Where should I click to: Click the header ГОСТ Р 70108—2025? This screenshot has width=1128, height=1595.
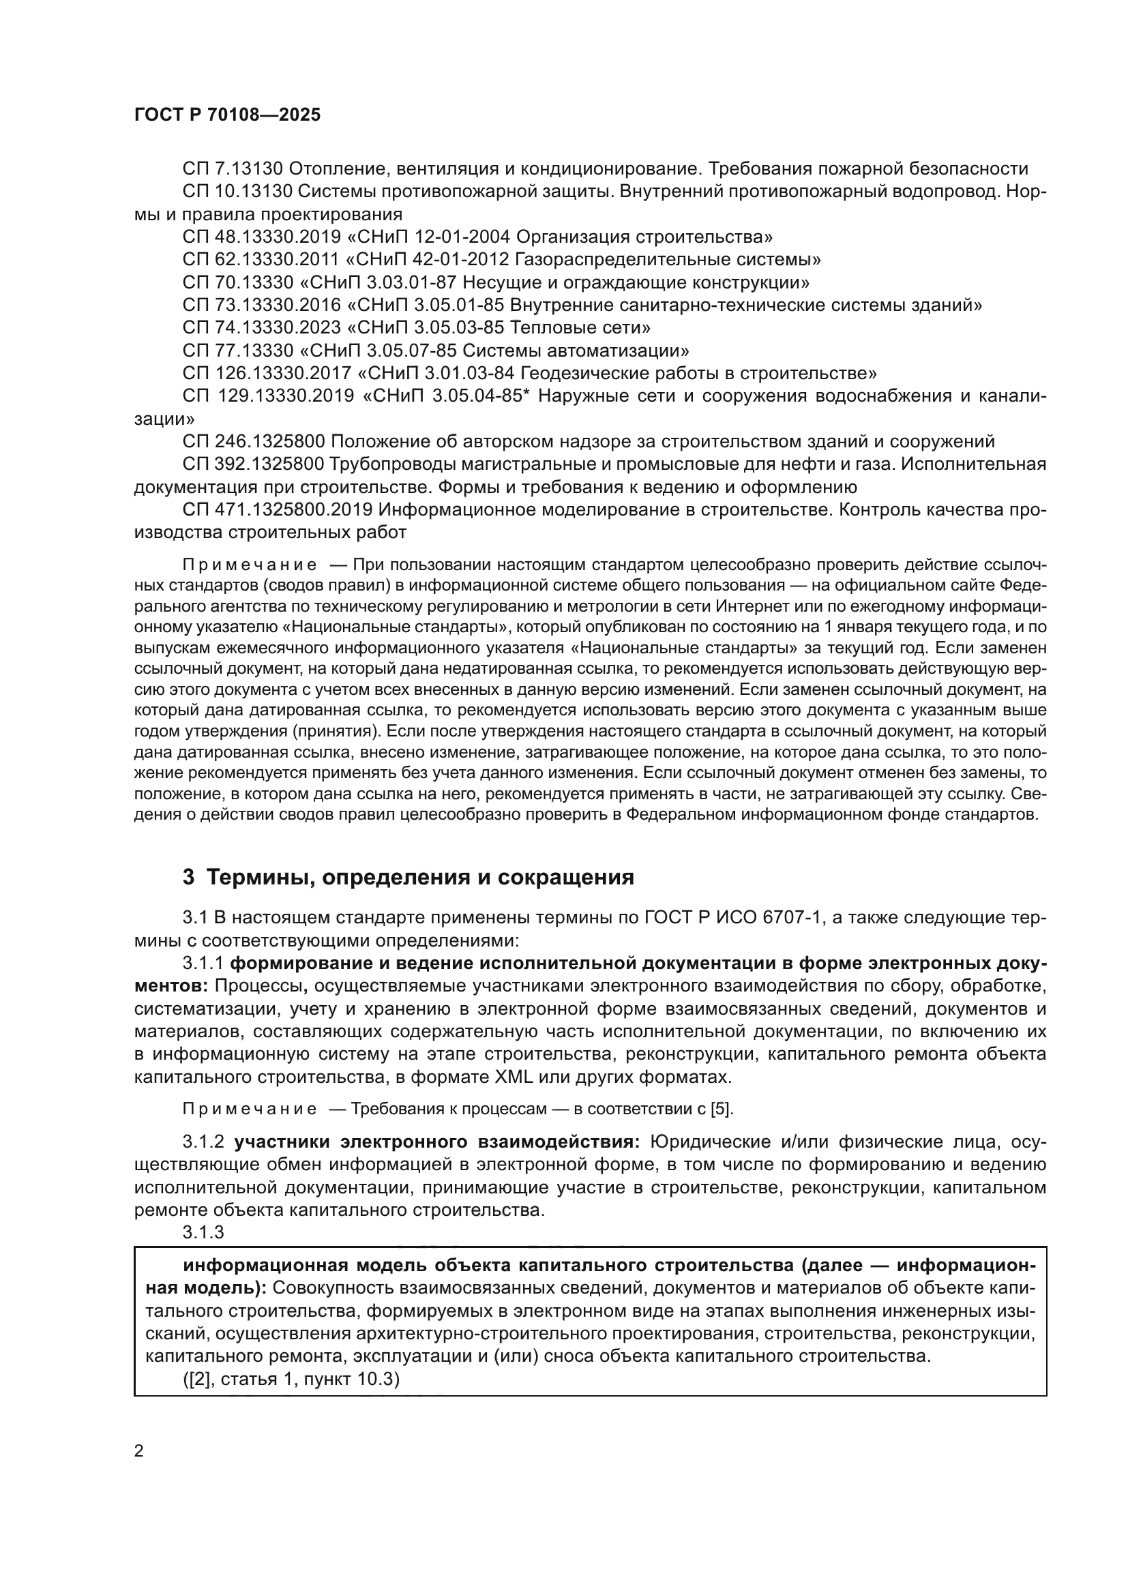point(227,115)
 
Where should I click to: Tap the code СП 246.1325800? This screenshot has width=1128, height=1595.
point(254,442)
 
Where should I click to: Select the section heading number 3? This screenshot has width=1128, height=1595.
point(188,878)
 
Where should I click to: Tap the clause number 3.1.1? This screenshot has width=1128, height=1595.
point(203,964)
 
